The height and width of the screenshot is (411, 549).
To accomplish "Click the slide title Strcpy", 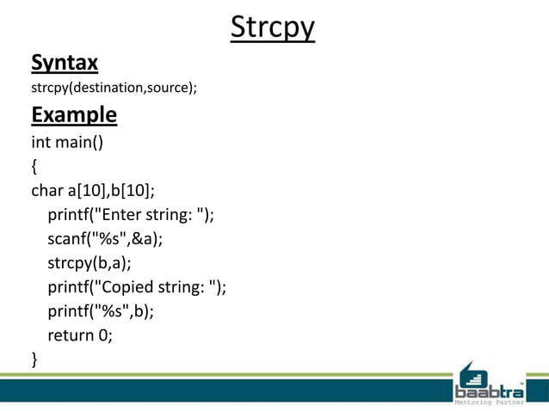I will pyautogui.click(x=273, y=28).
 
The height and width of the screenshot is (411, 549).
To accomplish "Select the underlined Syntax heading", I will pyautogui.click(x=65, y=63).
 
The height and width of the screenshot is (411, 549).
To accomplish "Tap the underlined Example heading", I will pyautogui.click(x=74, y=114).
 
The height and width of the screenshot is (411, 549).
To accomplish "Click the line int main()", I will pyautogui.click(x=67, y=142).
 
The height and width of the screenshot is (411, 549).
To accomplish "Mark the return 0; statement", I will pyautogui.click(x=81, y=335).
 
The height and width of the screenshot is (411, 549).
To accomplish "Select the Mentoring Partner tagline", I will pyautogui.click(x=489, y=402).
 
